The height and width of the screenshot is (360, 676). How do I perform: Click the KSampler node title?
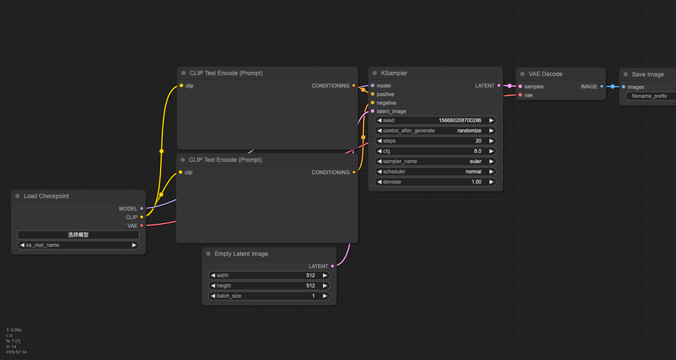click(x=394, y=73)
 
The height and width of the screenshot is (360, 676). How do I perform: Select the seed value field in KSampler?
click(x=435, y=120)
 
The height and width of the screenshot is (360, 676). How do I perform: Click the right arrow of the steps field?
click(x=491, y=141)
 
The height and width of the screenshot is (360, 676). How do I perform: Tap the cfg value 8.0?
click(x=478, y=151)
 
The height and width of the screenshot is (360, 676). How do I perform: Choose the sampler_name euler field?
click(x=435, y=161)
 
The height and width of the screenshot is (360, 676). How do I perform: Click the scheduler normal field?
click(x=435, y=172)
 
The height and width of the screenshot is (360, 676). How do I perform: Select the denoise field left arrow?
click(x=379, y=182)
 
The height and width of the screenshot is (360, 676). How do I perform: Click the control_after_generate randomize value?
click(x=469, y=131)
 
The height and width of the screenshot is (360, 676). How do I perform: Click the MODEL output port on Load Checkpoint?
click(x=142, y=208)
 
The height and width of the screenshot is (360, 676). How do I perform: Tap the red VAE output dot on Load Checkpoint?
click(x=142, y=225)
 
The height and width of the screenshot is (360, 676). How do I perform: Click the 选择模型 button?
click(x=78, y=235)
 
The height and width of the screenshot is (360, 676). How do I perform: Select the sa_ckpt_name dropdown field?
click(x=78, y=245)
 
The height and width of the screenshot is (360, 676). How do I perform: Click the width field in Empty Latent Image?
click(x=269, y=275)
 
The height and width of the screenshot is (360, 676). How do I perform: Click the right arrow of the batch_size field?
click(x=325, y=296)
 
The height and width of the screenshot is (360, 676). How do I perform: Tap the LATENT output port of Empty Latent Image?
click(x=332, y=266)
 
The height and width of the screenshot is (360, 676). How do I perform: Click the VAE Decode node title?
click(x=545, y=74)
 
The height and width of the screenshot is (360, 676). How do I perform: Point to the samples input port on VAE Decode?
click(x=520, y=86)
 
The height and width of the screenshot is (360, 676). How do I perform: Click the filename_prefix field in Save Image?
click(x=651, y=96)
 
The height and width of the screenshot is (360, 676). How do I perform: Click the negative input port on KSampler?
click(x=373, y=102)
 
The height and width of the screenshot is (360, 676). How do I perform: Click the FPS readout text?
click(x=16, y=352)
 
